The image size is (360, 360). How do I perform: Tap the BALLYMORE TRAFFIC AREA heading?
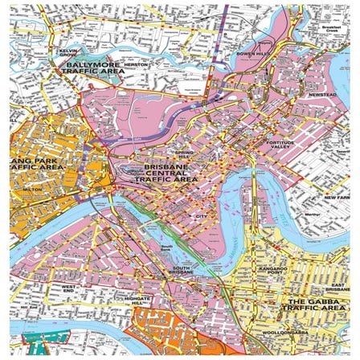point(96,67)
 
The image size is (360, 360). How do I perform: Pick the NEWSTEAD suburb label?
point(322,94)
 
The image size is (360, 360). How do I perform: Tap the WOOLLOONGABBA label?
point(272,332)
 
